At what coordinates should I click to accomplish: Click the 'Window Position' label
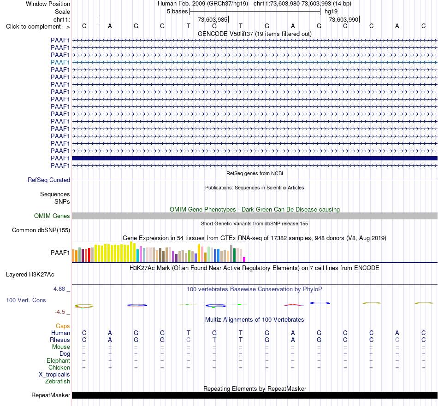[48, 4]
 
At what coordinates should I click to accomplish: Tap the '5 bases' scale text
[178, 12]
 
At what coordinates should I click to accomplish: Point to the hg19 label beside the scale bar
[331, 12]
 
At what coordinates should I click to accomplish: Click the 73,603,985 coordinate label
[213, 19]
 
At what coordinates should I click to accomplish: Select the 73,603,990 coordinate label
[343, 19]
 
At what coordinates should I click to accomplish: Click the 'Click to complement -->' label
[38, 27]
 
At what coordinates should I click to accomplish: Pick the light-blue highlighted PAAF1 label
[60, 62]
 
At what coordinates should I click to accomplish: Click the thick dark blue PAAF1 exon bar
[255, 159]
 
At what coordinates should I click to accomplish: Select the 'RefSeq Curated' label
[49, 180]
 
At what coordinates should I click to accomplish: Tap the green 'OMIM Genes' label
[52, 216]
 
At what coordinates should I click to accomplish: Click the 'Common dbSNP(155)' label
[41, 230]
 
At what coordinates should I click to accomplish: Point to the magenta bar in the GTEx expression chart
[244, 259]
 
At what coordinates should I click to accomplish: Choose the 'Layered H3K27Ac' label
[30, 275]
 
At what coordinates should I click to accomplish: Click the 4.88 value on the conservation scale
[59, 289]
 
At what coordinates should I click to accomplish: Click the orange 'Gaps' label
[63, 326]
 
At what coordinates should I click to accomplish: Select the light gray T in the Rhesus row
[214, 340]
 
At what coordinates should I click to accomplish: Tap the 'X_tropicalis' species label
[54, 375]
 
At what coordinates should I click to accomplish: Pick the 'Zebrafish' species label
[58, 382]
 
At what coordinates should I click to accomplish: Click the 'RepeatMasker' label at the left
[51, 395]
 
